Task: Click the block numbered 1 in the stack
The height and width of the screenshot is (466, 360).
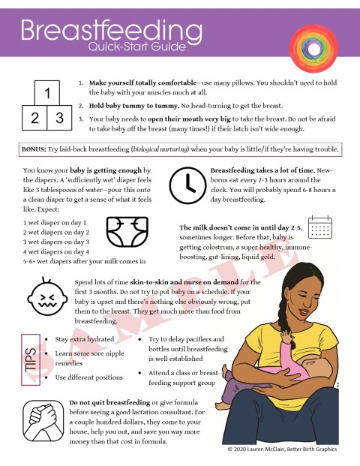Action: (46, 94)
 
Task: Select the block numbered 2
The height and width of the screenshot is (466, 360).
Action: (34, 118)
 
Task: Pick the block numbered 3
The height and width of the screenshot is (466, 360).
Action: (58, 118)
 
